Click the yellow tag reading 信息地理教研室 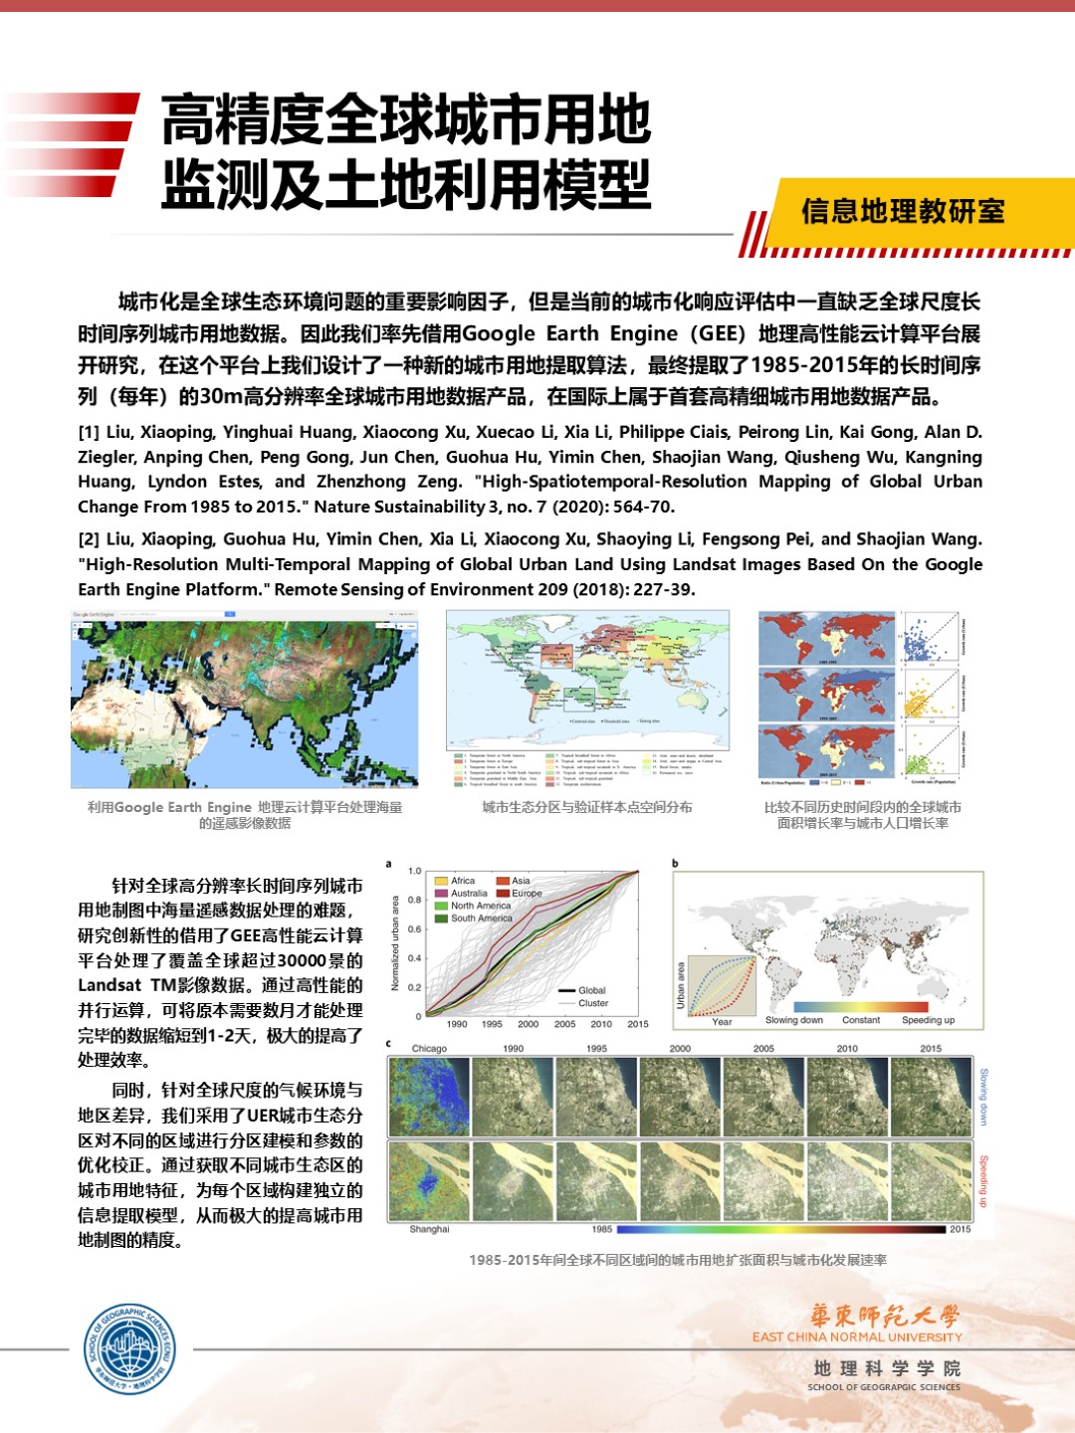pos(903,212)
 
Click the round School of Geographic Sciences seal pos(129,1349)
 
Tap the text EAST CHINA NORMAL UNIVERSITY pos(857,1336)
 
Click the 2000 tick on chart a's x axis pos(528,1024)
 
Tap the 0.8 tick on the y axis pos(415,900)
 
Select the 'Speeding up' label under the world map pos(928,1020)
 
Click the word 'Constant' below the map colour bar pos(861,1020)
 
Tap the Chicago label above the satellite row pos(429,1048)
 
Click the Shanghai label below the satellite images pos(429,1229)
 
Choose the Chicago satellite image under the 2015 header pos(931,1097)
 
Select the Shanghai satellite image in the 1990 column pos(513,1180)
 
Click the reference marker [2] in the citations pos(89,539)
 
